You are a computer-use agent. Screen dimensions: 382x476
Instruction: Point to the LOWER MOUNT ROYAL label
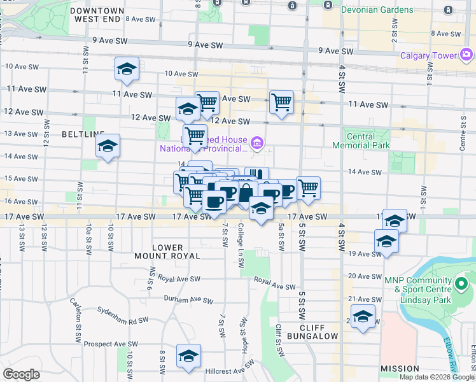176,251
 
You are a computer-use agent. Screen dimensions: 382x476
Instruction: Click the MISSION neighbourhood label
400,369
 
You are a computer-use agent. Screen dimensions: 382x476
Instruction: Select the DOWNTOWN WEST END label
97,15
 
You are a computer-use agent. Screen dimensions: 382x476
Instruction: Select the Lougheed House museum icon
257,141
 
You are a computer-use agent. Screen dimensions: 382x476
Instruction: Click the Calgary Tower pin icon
466,55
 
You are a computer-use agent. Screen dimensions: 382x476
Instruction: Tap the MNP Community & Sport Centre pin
461,281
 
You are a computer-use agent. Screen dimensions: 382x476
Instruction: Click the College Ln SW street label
241,246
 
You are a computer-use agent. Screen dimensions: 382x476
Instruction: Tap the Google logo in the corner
21,374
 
